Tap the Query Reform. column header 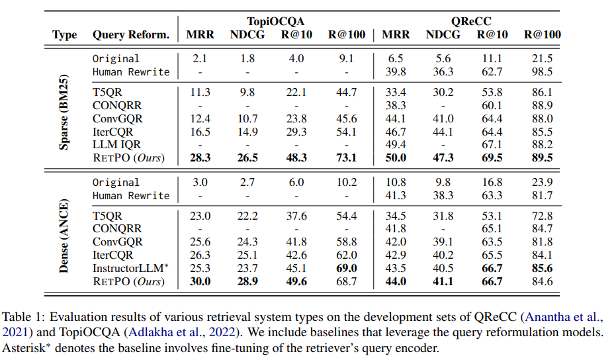131,35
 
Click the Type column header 65,35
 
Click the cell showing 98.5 541,71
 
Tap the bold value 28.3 200,158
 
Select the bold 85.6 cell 541,268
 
